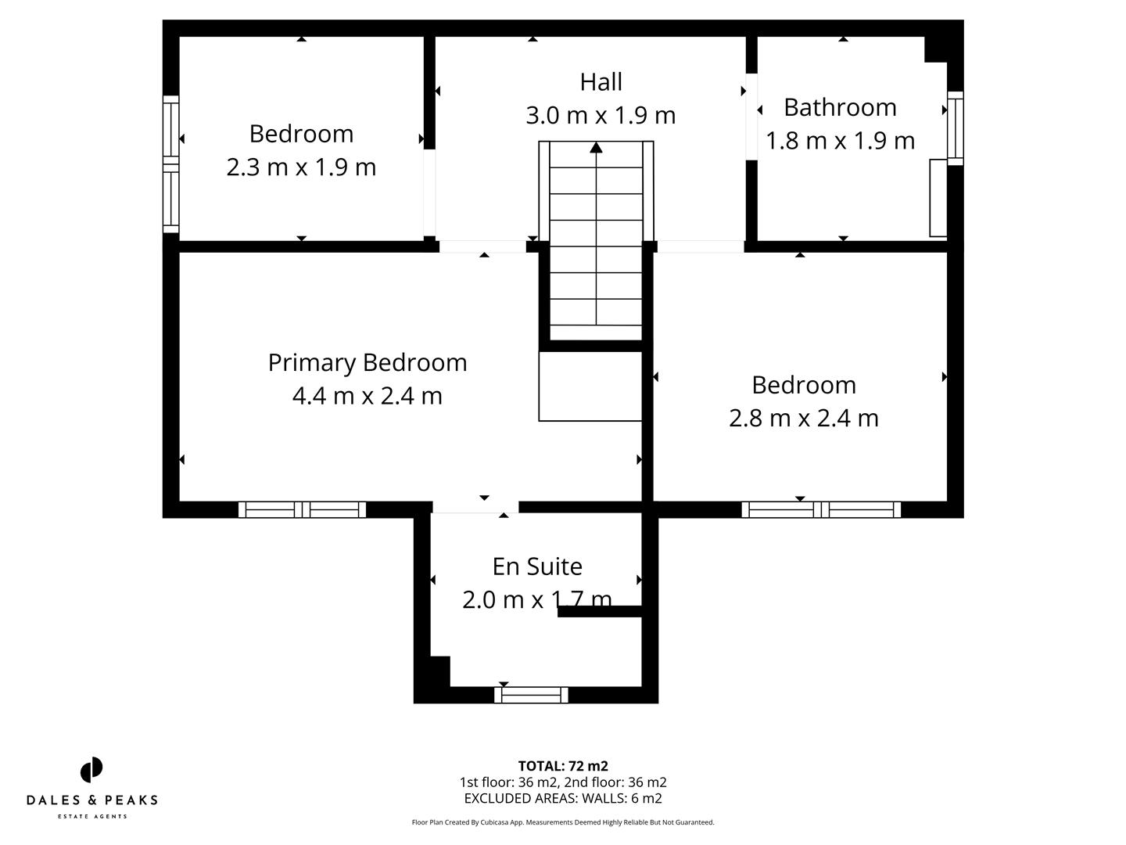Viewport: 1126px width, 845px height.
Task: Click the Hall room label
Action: pyautogui.click(x=601, y=82)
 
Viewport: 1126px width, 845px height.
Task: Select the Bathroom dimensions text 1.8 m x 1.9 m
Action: pyautogui.click(x=840, y=141)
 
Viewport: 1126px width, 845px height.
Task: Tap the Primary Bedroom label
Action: pyautogui.click(x=367, y=362)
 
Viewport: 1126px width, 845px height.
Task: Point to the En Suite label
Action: pyautogui.click(x=537, y=566)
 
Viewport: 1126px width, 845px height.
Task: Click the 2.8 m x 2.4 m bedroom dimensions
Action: pyautogui.click(x=803, y=418)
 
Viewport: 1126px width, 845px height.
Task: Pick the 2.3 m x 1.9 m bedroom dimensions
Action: pyautogui.click(x=301, y=167)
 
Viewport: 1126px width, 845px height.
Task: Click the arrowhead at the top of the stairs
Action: pyautogui.click(x=596, y=147)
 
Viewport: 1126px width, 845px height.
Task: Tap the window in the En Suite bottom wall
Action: pyautogui.click(x=532, y=695)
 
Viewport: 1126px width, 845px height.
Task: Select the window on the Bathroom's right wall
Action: pyautogui.click(x=955, y=128)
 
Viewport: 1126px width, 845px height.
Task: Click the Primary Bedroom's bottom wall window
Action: pyautogui.click(x=302, y=510)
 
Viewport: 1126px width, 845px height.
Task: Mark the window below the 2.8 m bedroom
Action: pyautogui.click(x=821, y=510)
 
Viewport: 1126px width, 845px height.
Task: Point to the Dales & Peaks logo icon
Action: pyautogui.click(x=91, y=770)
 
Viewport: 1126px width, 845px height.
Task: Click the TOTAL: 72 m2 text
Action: pyautogui.click(x=563, y=766)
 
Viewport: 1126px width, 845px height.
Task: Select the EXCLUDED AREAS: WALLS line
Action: pyautogui.click(x=563, y=799)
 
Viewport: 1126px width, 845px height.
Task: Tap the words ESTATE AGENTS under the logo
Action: pyautogui.click(x=91, y=817)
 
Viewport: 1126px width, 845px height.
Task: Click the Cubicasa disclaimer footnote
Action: pyautogui.click(x=563, y=822)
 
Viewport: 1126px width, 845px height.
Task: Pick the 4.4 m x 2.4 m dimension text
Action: pyautogui.click(x=367, y=396)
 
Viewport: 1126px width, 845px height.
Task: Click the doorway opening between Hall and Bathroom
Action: pyautogui.click(x=751, y=117)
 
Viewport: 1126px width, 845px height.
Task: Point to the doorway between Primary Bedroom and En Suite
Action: pyautogui.click(x=475, y=508)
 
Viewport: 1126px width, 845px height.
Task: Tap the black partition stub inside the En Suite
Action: pyautogui.click(x=600, y=612)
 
